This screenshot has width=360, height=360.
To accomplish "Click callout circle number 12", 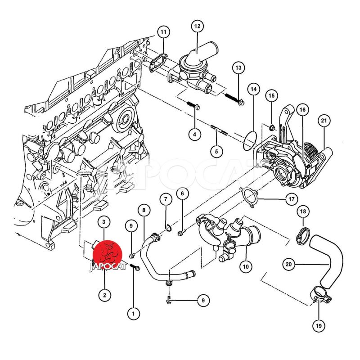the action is (198, 26).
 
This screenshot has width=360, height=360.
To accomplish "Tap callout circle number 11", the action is (163, 32).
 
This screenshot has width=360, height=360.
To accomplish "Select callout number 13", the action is (238, 68).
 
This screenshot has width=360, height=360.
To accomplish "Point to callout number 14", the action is (254, 89).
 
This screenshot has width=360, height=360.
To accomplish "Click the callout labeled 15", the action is (272, 95).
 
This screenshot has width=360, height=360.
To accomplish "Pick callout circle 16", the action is (302, 110).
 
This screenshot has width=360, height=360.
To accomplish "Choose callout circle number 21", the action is (324, 121).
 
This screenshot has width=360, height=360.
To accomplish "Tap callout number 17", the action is (291, 199).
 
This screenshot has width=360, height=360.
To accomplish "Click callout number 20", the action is (288, 264).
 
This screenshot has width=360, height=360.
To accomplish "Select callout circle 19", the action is (319, 325).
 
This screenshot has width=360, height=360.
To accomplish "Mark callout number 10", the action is (246, 266).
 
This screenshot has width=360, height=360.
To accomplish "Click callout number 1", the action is (133, 313).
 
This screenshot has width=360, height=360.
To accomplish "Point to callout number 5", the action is (216, 151).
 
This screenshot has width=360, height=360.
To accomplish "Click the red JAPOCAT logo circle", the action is (107, 255).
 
